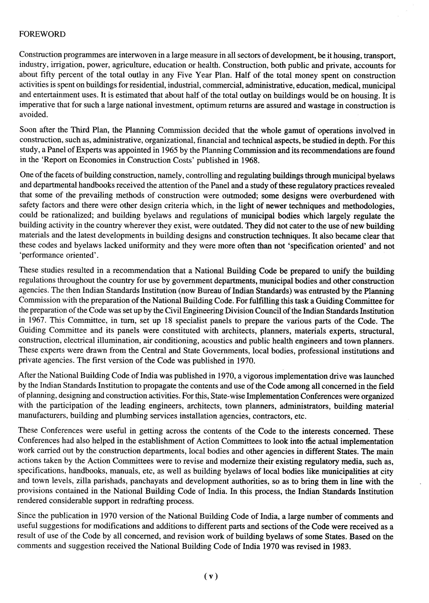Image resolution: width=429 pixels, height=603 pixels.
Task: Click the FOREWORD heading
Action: (42, 34)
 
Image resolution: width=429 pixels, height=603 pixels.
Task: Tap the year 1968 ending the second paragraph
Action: (250, 160)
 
